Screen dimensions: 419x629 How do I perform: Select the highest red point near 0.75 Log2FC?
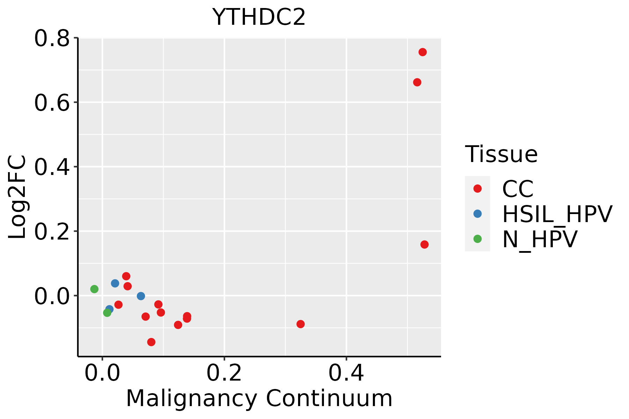422,52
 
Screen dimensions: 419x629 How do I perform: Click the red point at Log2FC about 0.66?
417,82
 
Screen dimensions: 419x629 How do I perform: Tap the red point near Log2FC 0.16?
425,244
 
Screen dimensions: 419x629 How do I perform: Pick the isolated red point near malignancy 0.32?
301,324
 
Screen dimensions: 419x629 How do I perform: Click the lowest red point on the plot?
151,342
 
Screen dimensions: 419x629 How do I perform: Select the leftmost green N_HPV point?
94,289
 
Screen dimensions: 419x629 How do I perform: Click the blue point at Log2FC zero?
141,296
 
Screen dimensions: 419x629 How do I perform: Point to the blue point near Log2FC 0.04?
115,283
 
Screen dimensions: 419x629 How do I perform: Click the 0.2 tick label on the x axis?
224,373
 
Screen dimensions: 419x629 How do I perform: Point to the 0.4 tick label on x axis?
346,373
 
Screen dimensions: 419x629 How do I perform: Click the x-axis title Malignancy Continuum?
259,398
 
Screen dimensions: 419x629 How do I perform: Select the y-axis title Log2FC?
17,197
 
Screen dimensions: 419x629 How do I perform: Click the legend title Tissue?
501,154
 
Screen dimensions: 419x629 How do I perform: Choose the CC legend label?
518,189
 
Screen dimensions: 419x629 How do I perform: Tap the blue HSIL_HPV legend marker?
477,214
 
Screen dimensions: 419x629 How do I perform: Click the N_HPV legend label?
540,239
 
